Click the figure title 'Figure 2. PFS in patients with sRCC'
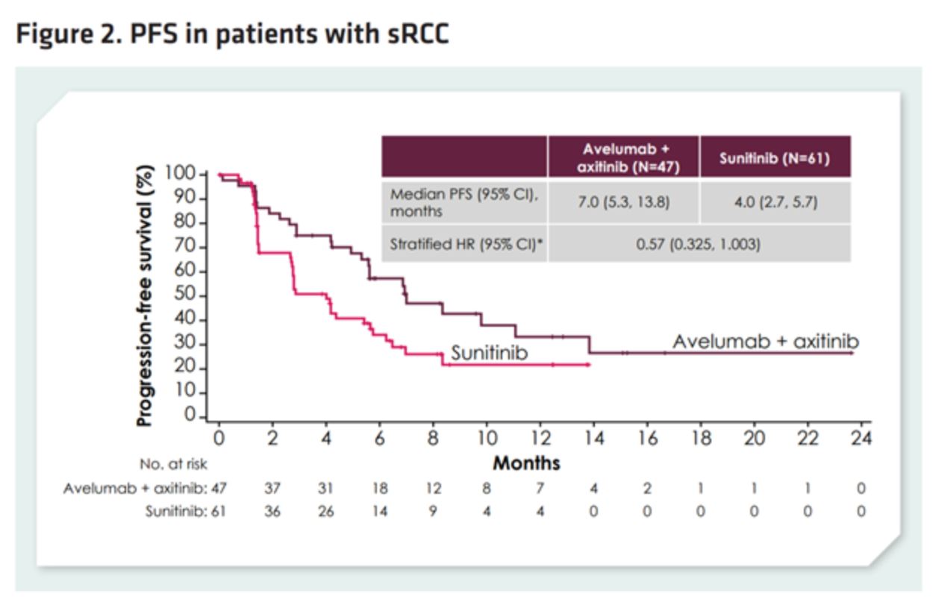pyautogui.click(x=232, y=34)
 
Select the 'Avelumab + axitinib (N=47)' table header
pyautogui.click(x=624, y=157)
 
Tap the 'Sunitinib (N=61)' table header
pyautogui.click(x=775, y=158)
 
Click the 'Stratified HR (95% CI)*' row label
pyautogui.click(x=461, y=244)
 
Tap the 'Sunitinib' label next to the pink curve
pyautogui.click(x=489, y=353)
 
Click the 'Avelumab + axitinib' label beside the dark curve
pyautogui.click(x=765, y=342)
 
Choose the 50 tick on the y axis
pyautogui.click(x=190, y=295)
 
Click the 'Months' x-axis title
pyautogui.click(x=526, y=463)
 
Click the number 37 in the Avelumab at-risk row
pyautogui.click(x=272, y=489)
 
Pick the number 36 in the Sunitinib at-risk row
pyautogui.click(x=272, y=512)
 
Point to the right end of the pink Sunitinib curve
pyautogui.click(x=590, y=364)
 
